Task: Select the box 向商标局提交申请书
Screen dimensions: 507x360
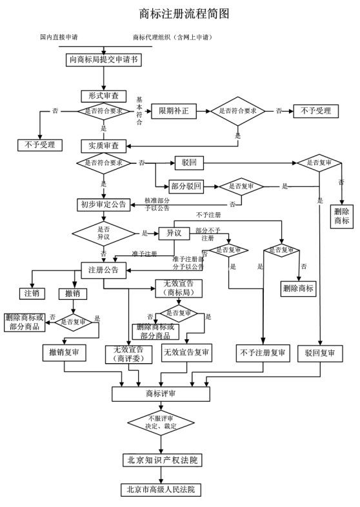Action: [105, 59]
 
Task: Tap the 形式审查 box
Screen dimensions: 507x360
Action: [104, 95]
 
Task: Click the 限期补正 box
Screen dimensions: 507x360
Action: [174, 111]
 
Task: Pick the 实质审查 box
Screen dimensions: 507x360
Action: [104, 146]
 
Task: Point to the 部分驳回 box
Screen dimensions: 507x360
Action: [186, 186]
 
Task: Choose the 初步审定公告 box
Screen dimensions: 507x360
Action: [103, 204]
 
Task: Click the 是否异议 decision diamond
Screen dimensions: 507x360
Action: [103, 233]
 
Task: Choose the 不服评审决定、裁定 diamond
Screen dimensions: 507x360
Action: [161, 422]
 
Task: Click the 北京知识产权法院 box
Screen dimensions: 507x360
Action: [161, 460]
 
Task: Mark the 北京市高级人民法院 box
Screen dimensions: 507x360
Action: [161, 490]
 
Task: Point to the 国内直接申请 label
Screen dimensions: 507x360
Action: [63, 37]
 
